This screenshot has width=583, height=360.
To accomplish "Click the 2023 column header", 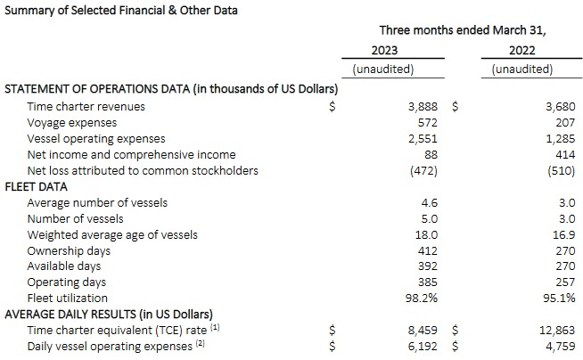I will click(384, 51).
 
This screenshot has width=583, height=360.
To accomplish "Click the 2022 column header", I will click(522, 51).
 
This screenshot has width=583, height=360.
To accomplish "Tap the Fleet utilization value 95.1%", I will click(558, 299).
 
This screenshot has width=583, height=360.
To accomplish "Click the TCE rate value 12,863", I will click(557, 330).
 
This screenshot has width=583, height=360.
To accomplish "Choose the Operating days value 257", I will click(563, 282).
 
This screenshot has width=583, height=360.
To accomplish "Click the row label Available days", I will click(67, 266).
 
